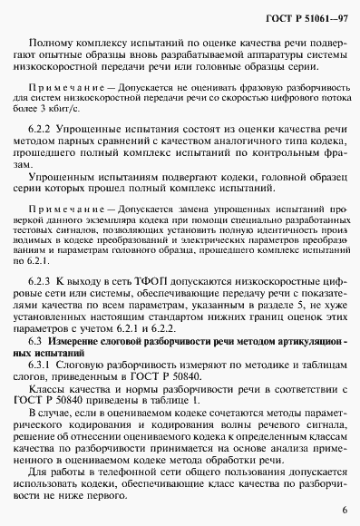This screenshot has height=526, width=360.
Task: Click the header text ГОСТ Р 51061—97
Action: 304,17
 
